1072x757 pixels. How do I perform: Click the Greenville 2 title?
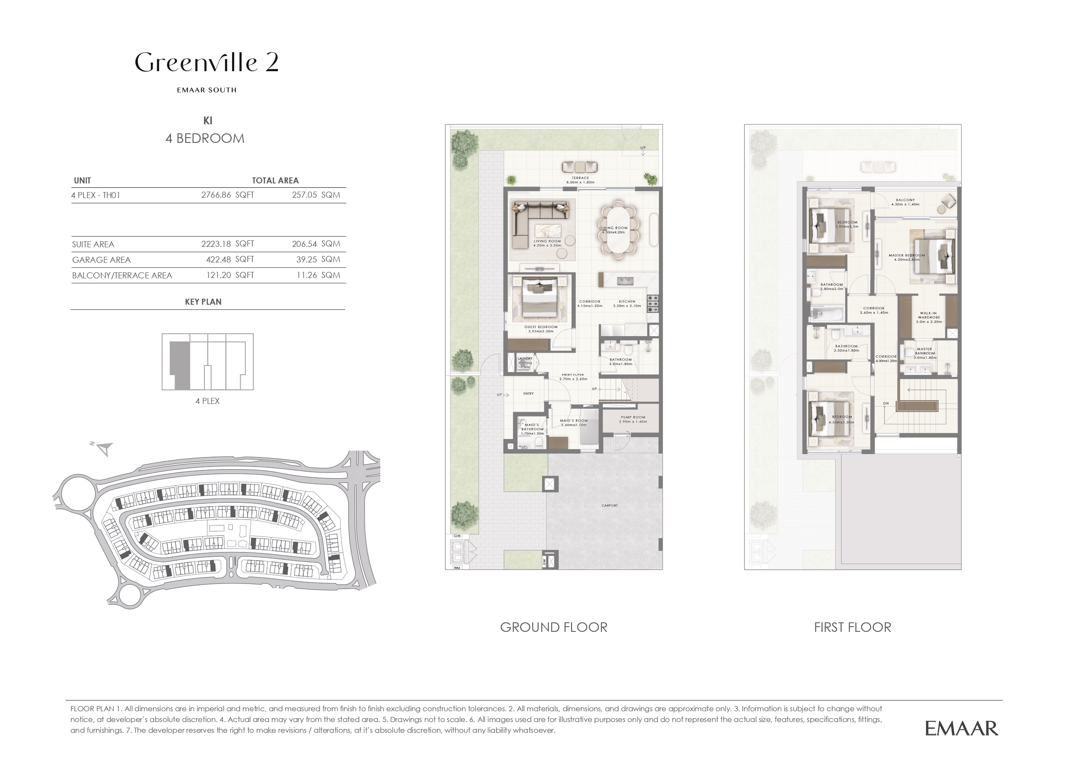point(207,63)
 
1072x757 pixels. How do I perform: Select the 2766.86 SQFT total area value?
point(227,195)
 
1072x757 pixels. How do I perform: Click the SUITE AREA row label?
point(93,244)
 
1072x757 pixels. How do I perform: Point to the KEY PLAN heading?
point(203,302)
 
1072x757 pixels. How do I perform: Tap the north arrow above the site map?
point(104,448)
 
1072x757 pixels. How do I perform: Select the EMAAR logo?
point(961,728)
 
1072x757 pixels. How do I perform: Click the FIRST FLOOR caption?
point(852,628)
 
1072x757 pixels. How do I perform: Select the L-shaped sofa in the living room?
point(537,219)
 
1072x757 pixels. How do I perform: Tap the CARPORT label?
point(609,505)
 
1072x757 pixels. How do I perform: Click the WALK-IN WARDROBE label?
point(928,317)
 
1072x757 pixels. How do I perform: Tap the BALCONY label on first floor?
point(905,202)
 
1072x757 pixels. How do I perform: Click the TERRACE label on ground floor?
point(580,180)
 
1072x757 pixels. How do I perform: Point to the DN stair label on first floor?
point(886,404)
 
